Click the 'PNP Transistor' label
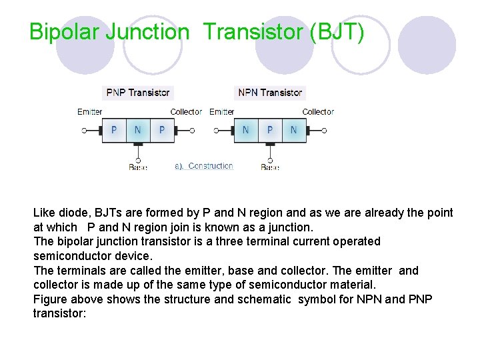click(x=138, y=93)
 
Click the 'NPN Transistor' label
click(x=270, y=93)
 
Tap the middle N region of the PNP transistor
click(x=137, y=130)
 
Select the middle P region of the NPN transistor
click(x=269, y=130)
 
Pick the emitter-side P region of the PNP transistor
click(x=113, y=130)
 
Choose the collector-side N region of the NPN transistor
click(x=293, y=130)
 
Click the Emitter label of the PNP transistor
click(x=90, y=111)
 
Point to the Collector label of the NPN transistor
click(x=318, y=111)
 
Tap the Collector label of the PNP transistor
click(x=186, y=111)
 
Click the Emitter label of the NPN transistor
click(x=222, y=111)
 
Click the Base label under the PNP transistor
click(x=138, y=167)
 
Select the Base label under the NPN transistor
click(x=270, y=167)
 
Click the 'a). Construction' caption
click(x=204, y=166)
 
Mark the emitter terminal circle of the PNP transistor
click(x=84, y=131)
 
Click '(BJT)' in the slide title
click(x=337, y=31)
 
